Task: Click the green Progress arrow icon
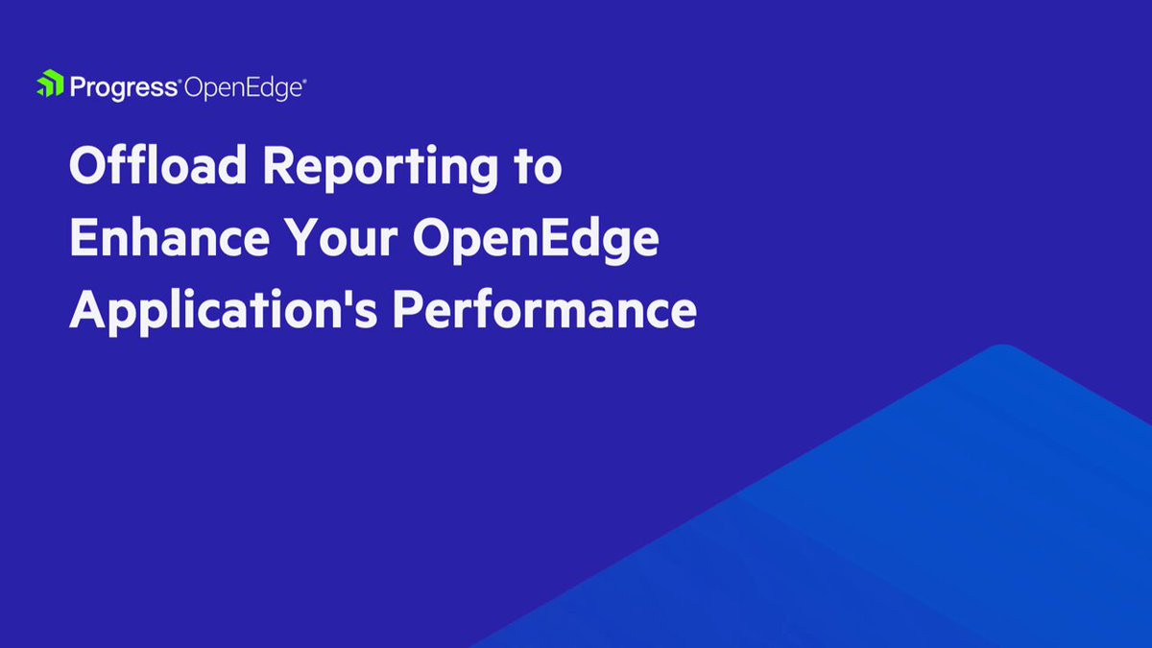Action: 50,83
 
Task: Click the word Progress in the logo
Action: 124,88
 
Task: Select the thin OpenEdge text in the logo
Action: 243,88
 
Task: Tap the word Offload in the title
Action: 157,165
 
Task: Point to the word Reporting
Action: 380,169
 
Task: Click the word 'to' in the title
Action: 538,168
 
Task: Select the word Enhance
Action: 170,237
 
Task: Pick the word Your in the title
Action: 342,238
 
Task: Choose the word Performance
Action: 544,309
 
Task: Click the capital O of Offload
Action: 87,165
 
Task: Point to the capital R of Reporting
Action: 279,165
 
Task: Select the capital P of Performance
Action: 407,308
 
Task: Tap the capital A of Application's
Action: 87,308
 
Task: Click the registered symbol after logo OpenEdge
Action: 305,81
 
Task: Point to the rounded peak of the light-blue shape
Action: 1002,347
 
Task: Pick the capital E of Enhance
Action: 84,237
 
